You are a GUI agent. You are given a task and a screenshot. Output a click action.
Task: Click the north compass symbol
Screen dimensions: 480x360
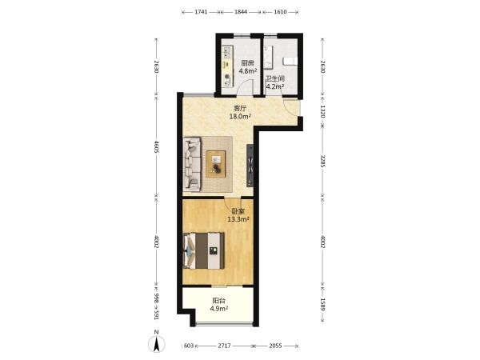(x=157, y=343)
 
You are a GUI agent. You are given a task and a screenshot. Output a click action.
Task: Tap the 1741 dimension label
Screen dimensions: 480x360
(x=201, y=12)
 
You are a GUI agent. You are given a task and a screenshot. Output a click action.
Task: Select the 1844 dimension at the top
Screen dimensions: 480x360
(x=241, y=12)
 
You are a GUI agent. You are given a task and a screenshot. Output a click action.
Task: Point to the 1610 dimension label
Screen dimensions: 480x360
(x=280, y=12)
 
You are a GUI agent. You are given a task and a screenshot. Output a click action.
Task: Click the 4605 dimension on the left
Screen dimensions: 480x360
(x=157, y=146)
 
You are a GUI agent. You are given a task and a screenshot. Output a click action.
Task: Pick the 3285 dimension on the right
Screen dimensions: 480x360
(x=322, y=161)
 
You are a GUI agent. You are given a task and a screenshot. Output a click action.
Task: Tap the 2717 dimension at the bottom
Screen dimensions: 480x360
(x=224, y=346)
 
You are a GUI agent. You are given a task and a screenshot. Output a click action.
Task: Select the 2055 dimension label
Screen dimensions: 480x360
(x=275, y=346)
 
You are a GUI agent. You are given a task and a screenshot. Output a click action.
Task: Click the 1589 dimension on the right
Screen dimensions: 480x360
(x=322, y=304)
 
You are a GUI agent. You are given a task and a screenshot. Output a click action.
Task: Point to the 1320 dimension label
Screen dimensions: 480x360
(x=322, y=111)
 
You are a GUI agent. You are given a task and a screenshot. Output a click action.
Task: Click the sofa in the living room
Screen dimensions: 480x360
(x=192, y=164)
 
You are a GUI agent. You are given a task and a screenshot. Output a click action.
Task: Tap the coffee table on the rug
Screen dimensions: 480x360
(x=216, y=164)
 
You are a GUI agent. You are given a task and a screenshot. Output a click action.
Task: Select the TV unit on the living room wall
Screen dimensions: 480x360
(x=250, y=166)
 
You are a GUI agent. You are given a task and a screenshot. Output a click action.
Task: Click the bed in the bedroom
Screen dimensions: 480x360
(x=203, y=250)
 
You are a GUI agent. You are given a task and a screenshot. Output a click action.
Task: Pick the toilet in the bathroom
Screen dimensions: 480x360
(x=290, y=61)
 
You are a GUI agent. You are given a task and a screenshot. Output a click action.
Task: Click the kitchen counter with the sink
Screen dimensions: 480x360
(x=227, y=66)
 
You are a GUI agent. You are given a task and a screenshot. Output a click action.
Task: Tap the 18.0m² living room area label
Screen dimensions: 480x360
(x=240, y=116)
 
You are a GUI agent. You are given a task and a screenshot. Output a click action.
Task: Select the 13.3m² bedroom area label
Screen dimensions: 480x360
(x=238, y=219)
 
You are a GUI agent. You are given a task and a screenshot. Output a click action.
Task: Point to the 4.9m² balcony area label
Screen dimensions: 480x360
(x=219, y=309)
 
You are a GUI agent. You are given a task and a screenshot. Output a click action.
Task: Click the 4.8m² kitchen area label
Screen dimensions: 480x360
(x=248, y=71)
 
